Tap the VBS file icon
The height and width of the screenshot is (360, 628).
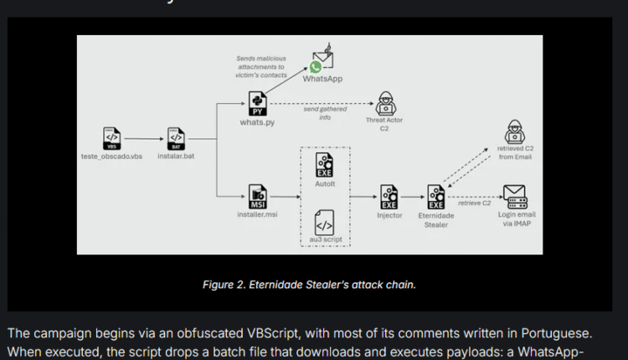[111, 137]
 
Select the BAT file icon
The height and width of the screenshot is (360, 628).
[177, 137]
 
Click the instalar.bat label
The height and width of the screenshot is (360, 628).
[177, 157]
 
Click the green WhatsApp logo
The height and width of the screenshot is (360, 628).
[316, 67]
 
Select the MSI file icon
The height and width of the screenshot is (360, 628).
[258, 195]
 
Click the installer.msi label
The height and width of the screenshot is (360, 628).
[256, 214]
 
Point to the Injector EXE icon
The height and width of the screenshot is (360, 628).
[389, 195]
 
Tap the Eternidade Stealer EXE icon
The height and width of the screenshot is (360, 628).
[435, 195]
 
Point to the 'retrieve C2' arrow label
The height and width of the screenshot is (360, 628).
[474, 203]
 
